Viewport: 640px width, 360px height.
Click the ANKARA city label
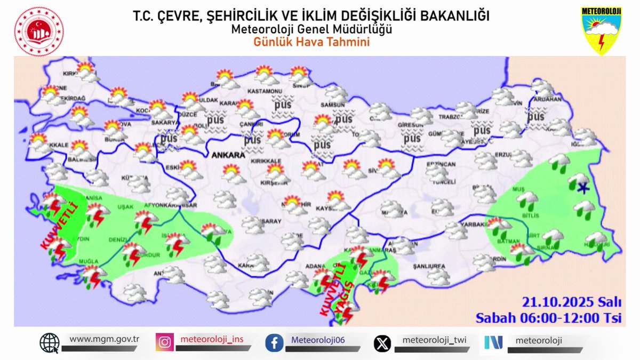click(x=228, y=156)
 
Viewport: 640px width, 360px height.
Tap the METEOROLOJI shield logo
click(x=601, y=30)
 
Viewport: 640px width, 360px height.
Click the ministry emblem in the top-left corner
click(x=38, y=31)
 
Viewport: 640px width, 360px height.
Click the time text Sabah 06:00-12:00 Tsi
click(x=549, y=318)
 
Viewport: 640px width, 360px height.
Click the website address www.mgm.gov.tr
click(x=105, y=339)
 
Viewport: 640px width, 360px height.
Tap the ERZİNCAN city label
click(x=441, y=165)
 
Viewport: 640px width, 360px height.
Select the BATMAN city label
click(x=505, y=242)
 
